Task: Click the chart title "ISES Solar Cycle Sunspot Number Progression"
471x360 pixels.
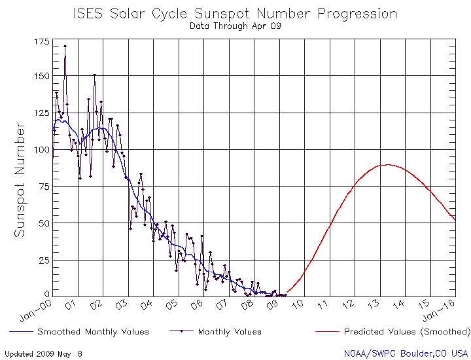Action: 235,14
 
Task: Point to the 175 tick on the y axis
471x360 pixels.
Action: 41,42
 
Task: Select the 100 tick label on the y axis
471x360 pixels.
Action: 41,150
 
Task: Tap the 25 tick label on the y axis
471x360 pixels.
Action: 43,260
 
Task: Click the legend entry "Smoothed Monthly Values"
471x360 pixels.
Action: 93,332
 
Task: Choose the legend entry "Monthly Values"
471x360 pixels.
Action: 229,332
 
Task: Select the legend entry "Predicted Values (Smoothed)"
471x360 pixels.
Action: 406,332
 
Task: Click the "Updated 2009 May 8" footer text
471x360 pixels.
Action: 44,353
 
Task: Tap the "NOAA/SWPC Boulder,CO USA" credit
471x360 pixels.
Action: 406,353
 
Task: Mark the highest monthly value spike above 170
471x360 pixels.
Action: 65,46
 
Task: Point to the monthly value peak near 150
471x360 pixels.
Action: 94,75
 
